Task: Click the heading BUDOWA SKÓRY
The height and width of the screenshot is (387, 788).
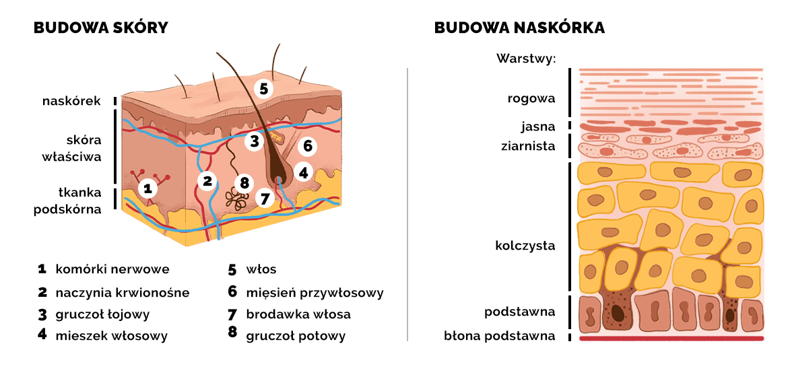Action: [100, 28]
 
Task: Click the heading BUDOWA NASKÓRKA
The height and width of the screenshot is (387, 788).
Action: [519, 28]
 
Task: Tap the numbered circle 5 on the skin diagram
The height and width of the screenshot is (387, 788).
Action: [263, 88]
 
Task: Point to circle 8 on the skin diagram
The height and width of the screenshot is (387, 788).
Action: [244, 182]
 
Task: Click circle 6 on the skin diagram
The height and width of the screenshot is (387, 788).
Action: [306, 145]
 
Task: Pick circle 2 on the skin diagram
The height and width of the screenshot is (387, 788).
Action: [207, 180]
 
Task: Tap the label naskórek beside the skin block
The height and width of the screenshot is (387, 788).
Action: [71, 102]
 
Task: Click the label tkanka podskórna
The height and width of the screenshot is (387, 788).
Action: [67, 201]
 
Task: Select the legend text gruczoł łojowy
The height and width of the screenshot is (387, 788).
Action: [102, 314]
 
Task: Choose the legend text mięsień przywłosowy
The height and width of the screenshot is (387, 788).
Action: [315, 292]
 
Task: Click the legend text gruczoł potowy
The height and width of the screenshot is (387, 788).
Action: [296, 335]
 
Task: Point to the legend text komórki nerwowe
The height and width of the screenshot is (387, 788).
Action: [112, 269]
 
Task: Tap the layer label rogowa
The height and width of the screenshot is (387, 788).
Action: [531, 99]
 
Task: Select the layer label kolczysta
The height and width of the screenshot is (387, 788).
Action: [525, 246]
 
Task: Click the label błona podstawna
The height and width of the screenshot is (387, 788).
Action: [500, 335]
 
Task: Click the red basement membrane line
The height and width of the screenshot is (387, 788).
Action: [671, 339]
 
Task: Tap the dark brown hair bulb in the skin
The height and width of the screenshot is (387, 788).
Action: [277, 177]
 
